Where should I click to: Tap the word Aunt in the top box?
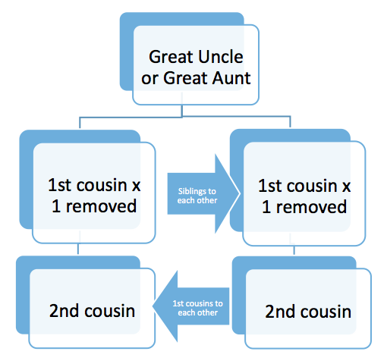231,78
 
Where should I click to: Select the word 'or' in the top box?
149,79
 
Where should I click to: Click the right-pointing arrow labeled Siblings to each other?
203,193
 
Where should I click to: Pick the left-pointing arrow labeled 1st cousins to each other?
191,306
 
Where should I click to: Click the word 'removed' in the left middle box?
101,206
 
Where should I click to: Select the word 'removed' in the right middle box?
311,207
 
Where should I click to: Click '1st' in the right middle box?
270,186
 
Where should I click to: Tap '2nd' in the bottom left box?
64,311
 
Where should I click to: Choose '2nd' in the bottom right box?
280,312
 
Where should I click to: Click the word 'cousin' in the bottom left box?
110,311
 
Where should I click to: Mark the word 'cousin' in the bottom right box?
326,312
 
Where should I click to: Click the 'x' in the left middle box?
136,187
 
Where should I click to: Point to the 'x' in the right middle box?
346,187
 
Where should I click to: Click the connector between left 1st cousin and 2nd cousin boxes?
78,249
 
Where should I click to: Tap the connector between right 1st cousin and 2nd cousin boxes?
294,250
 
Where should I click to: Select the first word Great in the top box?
172,57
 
